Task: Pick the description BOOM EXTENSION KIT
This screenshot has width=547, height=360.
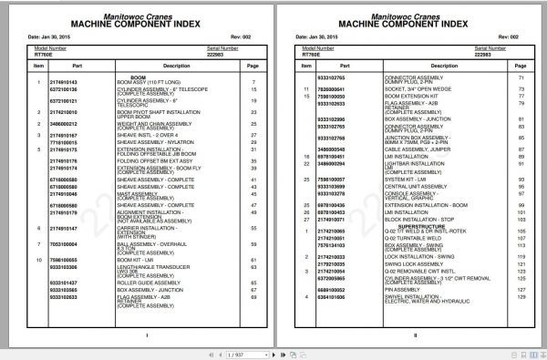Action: click(391, 95)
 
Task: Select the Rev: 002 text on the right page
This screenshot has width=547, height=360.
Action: click(488, 37)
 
